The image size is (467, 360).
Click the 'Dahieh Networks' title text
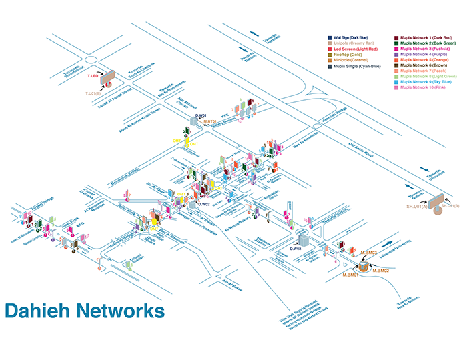tap(85, 311)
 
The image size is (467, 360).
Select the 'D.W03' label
tap(296, 248)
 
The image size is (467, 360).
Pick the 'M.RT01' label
tap(210, 121)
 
